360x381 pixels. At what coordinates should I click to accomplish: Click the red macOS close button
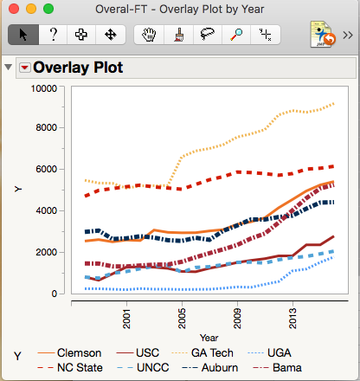tap(14, 10)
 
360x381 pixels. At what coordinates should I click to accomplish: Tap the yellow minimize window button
tap(31, 10)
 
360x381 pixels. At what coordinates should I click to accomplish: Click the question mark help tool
tap(53, 35)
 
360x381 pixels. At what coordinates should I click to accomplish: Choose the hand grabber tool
tap(148, 35)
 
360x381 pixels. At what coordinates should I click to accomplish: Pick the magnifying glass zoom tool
tap(236, 35)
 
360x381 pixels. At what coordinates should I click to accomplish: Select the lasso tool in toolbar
tap(207, 35)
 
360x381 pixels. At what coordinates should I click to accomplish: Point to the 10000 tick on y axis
tap(43, 87)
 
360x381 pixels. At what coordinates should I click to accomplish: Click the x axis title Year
tap(208, 337)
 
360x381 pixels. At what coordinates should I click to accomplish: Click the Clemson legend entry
tap(79, 353)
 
